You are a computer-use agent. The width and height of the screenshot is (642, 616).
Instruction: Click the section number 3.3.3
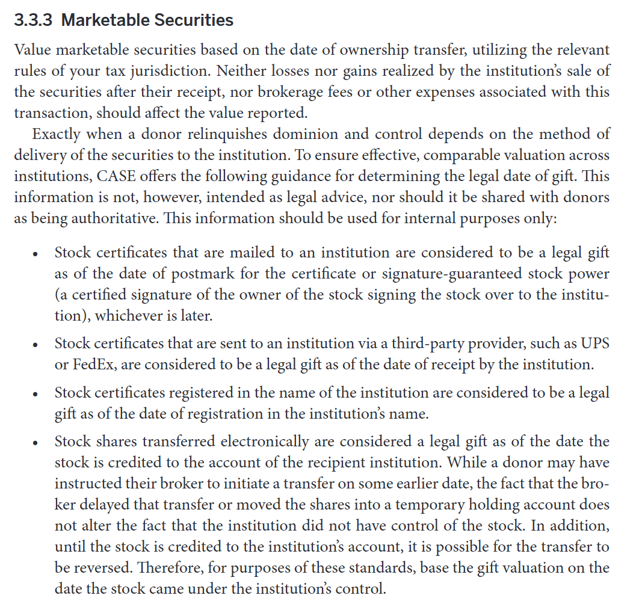click(34, 20)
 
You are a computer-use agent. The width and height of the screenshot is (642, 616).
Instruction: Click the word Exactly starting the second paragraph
click(57, 134)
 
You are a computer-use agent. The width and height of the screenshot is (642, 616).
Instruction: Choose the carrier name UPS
click(594, 343)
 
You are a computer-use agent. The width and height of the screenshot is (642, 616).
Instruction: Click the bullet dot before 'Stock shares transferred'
click(36, 443)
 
